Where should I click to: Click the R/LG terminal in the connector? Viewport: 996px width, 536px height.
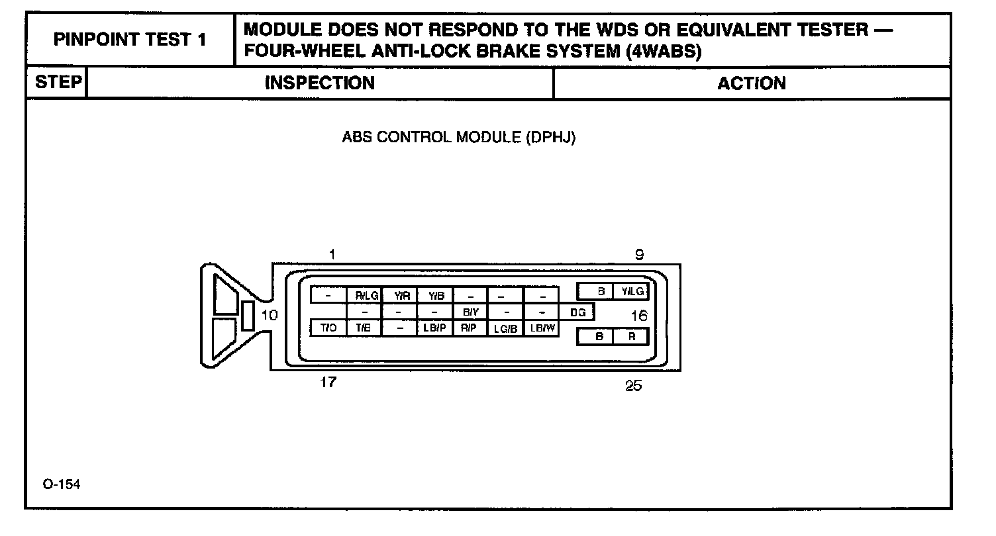coord(366,295)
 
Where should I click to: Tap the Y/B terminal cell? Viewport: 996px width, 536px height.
coord(436,295)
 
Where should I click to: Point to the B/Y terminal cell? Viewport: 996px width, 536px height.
coord(470,311)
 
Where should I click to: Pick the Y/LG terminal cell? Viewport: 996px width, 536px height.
coord(632,291)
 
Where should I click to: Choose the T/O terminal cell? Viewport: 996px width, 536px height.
coord(328,328)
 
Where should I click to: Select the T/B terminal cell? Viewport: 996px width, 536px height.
coord(364,328)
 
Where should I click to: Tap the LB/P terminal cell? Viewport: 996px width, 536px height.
coord(434,328)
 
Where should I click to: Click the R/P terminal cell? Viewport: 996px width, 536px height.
coord(470,328)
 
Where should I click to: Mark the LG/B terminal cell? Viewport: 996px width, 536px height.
coord(505,328)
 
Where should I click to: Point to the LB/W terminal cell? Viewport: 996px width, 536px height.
coord(541,328)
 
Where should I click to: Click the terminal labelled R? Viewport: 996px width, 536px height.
coord(632,336)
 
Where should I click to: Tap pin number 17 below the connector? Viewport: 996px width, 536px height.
coord(328,382)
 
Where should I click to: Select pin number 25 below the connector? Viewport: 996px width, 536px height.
coord(634,386)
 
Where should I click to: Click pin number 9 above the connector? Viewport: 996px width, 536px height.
coord(639,255)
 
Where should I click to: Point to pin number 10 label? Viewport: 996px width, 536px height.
coord(270,315)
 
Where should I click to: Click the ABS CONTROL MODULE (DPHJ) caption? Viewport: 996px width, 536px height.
coord(458,138)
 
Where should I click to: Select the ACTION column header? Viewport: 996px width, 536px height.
coord(752,83)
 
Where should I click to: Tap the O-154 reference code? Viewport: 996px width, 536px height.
coord(62,485)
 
